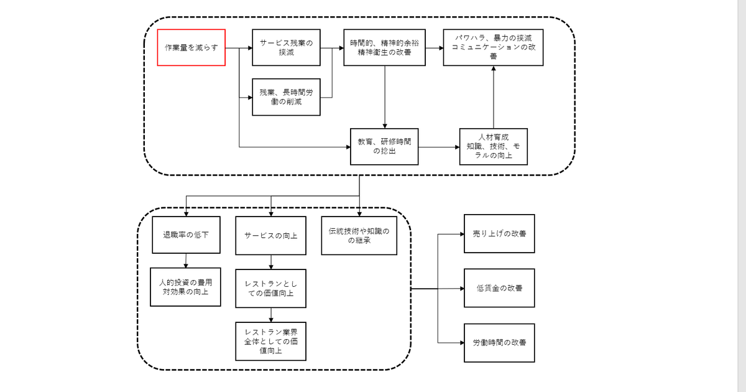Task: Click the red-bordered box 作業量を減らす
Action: pyautogui.click(x=191, y=47)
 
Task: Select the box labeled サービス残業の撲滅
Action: pyautogui.click(x=286, y=47)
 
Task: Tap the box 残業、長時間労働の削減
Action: pyautogui.click(x=286, y=97)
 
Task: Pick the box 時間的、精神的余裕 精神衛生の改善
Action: pyautogui.click(x=384, y=47)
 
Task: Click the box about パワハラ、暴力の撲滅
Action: pyautogui.click(x=494, y=47)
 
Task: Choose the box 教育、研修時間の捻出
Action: pyautogui.click(x=384, y=146)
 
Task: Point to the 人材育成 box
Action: pyautogui.click(x=494, y=146)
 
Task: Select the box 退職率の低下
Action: pyautogui.click(x=186, y=235)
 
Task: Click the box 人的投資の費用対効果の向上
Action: pyautogui.click(x=186, y=286)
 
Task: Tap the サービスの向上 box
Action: pyautogui.click(x=270, y=235)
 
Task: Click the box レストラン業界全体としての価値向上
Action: pyautogui.click(x=270, y=341)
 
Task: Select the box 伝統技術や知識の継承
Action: pyautogui.click(x=359, y=235)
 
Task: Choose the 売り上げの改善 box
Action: pyautogui.click(x=499, y=233)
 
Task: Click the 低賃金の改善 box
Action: pyautogui.click(x=499, y=289)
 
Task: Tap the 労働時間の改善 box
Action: pyautogui.click(x=499, y=342)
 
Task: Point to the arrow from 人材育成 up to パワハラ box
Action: pyautogui.click(x=494, y=96)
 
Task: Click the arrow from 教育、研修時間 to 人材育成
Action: pyautogui.click(x=438, y=147)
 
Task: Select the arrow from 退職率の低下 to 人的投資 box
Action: pyautogui.click(x=186, y=260)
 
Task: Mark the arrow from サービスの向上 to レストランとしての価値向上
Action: pyautogui.click(x=270, y=262)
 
